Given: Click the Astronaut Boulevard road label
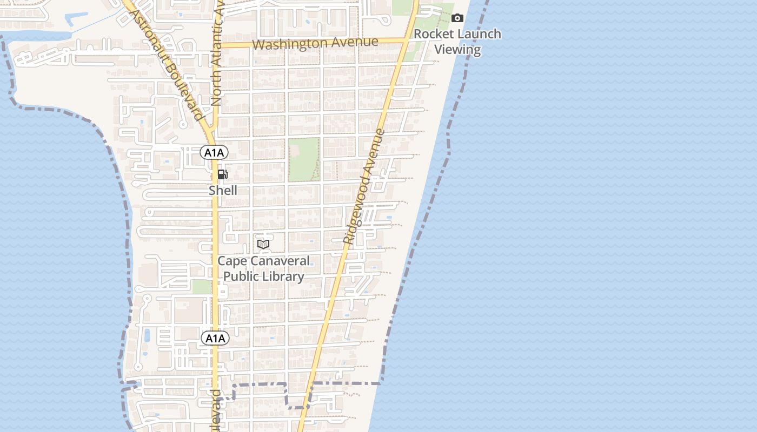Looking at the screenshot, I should tap(165, 59).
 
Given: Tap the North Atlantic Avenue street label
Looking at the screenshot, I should tap(218, 59).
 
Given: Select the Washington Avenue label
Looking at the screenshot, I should tap(315, 43).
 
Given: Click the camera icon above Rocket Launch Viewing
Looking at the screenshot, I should tap(457, 18).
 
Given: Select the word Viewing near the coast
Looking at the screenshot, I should tap(457, 50).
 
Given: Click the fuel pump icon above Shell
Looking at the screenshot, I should tap(222, 174).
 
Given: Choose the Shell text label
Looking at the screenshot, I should tap(223, 190).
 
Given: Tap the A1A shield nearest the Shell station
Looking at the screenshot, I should tap(214, 153).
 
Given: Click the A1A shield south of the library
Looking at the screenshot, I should tap(215, 339).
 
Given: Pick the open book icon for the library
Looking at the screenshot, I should tap(263, 244).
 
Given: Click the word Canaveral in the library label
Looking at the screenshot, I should tap(284, 261).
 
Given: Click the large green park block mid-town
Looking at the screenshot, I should tap(303, 159).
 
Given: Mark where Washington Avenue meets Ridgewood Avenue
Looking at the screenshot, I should tap(407, 40).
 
